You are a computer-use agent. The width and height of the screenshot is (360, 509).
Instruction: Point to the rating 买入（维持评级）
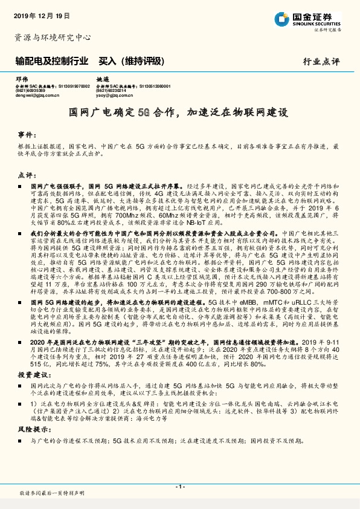[130, 60]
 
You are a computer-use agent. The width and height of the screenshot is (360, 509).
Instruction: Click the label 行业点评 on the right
[322, 61]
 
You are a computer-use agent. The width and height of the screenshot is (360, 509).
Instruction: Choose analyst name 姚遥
[103, 79]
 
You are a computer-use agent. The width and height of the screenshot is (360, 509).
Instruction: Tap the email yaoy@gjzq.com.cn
[114, 95]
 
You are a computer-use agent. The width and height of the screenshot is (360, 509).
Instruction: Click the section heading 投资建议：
[30, 375]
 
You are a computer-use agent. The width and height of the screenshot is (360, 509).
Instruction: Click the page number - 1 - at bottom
[179, 486]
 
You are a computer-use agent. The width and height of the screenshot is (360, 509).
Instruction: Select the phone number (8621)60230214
[111, 91]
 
